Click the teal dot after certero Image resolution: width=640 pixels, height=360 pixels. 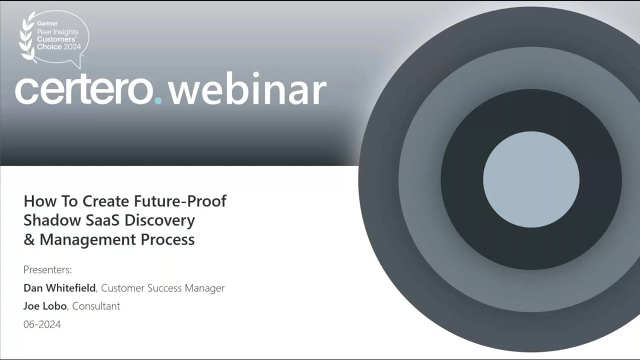coord(158,100)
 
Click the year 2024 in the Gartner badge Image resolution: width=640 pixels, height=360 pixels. coord(72,47)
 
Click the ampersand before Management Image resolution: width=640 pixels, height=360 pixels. coord(29,239)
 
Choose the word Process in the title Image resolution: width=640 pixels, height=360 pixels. coord(167,239)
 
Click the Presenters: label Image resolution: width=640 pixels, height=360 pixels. coord(47,270)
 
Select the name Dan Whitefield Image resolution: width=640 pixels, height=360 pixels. coord(59,288)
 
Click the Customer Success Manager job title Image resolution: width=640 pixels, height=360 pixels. coord(163,288)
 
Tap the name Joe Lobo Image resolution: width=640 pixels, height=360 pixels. coord(44,306)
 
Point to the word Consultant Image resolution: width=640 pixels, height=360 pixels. coord(96,306)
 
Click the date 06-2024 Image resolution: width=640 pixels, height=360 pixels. coord(42,324)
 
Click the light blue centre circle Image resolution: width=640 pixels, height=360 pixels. coord(531,179)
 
